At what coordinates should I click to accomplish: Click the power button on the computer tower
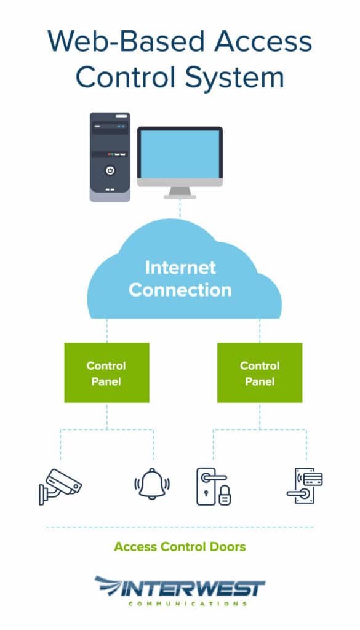pos(110,170)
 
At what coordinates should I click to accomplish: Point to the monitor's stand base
pos(180,196)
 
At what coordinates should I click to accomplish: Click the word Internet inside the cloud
pos(180,268)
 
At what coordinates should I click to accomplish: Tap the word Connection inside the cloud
pos(180,290)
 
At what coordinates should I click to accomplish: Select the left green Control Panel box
pos(106,373)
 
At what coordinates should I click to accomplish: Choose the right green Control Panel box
pos(260,373)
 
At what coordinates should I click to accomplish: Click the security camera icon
pos(59,486)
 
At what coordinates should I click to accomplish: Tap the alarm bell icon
pos(152,484)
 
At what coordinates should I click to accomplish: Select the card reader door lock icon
pos(305,486)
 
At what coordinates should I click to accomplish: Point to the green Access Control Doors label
pos(180,546)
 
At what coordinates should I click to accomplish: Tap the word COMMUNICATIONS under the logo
pos(188,604)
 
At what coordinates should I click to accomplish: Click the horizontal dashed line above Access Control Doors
pos(180,527)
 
